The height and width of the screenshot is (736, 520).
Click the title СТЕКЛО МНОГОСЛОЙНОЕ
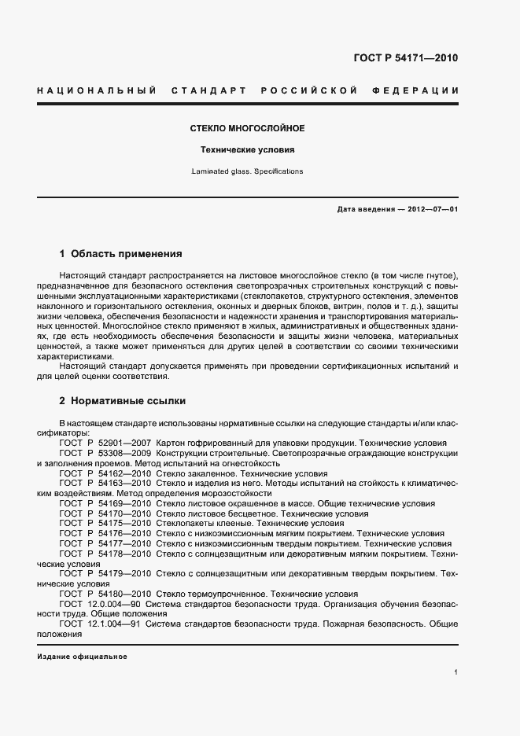pos(247,127)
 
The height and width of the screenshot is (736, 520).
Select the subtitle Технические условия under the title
pos(247,149)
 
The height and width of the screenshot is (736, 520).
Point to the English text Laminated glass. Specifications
pos(247,171)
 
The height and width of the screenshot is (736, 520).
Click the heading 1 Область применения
pos(120,254)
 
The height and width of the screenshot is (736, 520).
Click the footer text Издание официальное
pos(82,656)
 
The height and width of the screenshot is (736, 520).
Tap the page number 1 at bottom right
pos(456,672)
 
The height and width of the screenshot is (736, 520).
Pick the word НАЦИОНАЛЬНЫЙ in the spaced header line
pos(96,91)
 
